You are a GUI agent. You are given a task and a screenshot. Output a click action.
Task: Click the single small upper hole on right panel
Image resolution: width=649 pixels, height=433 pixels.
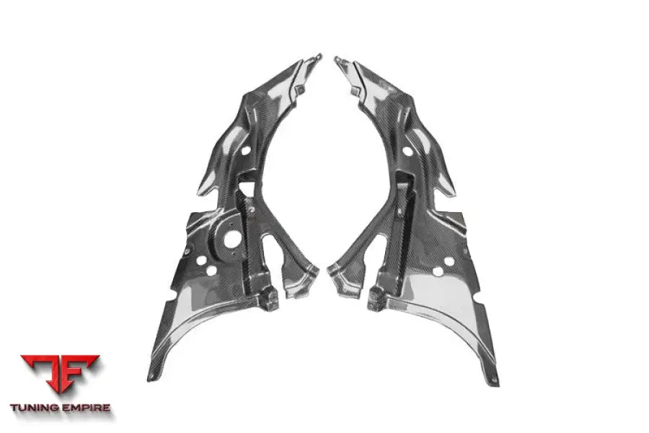pos(407,152)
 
